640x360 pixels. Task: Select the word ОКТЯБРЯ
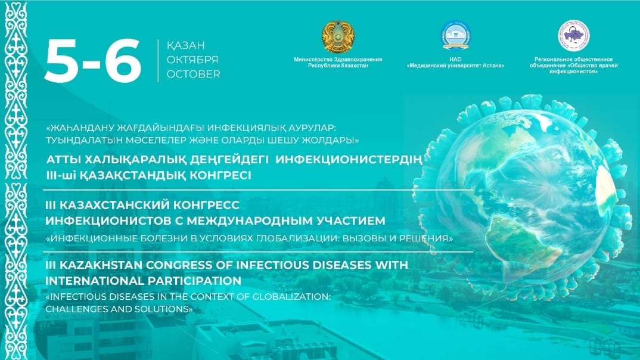[192, 60]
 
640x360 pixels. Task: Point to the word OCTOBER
[193, 75]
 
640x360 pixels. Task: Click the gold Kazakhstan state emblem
[338, 37]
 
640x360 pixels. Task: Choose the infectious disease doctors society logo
[573, 36]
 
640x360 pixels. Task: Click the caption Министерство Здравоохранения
[338, 60]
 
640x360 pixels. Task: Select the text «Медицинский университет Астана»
[455, 66]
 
